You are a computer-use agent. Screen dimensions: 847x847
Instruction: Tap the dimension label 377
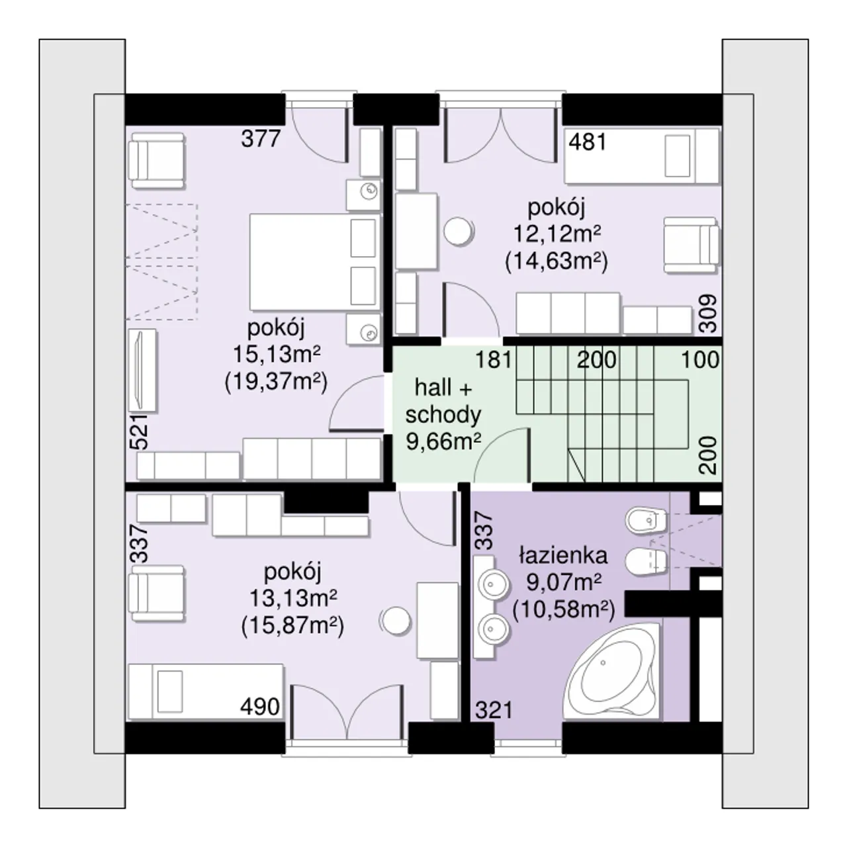261,140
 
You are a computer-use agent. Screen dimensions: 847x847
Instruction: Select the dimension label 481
588,142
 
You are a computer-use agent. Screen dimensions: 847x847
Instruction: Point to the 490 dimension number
260,707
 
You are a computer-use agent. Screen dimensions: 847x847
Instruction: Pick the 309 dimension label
708,314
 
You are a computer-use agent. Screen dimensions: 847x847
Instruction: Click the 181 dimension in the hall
494,359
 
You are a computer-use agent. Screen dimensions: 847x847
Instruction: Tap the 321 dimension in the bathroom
494,710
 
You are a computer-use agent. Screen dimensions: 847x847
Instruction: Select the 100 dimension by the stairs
700,359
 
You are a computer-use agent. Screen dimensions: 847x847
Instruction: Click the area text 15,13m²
277,354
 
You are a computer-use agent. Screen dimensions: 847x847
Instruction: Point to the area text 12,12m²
557,234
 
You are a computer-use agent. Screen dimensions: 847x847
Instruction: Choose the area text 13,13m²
293,598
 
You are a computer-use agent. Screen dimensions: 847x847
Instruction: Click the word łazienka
563,556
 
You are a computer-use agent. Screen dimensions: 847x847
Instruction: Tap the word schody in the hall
443,415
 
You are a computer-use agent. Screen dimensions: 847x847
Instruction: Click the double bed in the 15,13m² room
315,262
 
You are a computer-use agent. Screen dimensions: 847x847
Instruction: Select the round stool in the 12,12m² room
459,231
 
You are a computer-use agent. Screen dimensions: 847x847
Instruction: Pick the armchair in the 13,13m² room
156,593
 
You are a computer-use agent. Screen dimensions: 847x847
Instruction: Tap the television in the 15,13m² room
142,370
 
